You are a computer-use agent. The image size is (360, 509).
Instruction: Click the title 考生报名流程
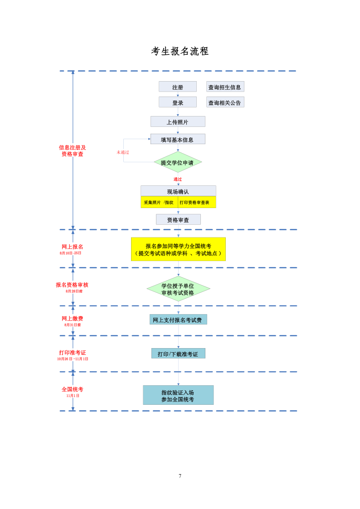(180, 51)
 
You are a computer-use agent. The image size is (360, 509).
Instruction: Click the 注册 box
(178, 87)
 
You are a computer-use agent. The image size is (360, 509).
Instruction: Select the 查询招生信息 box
(225, 87)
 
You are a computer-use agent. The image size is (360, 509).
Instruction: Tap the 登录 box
(178, 102)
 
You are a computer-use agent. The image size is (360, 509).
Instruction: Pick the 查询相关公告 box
(225, 102)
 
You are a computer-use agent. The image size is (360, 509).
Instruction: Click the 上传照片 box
(178, 122)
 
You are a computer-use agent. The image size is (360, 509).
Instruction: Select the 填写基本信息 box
(178, 140)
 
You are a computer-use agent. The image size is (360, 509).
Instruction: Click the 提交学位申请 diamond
(178, 162)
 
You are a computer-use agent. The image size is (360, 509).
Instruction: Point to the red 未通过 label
(123, 152)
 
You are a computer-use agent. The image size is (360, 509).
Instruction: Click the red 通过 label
(178, 179)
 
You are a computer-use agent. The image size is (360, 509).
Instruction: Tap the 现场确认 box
(178, 191)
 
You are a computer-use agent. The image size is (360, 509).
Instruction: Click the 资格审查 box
(178, 220)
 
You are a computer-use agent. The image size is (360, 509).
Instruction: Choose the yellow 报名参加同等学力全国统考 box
(178, 249)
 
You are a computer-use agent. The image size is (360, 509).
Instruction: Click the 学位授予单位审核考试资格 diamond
(178, 289)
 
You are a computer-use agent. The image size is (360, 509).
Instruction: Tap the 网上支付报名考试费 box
(178, 320)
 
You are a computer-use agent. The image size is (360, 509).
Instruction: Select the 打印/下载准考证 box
(178, 354)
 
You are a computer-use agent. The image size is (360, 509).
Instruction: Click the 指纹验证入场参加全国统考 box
(178, 395)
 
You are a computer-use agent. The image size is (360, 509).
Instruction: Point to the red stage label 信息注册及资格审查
(73, 150)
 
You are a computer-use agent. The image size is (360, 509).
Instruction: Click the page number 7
(180, 476)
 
